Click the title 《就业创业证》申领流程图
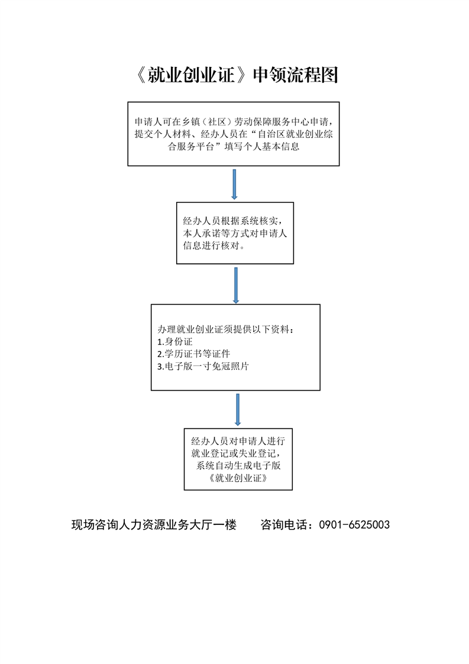click(x=237, y=75)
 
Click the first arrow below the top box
click(x=234, y=184)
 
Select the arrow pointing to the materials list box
click(x=236, y=285)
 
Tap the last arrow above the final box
click(x=238, y=410)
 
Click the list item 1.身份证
click(x=175, y=341)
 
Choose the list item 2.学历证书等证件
click(x=193, y=354)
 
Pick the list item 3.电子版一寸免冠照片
click(x=203, y=366)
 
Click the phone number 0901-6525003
click(x=354, y=525)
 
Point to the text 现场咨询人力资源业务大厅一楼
click(x=154, y=525)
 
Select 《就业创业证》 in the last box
click(x=238, y=478)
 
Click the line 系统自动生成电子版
click(x=238, y=466)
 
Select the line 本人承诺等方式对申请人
click(x=235, y=233)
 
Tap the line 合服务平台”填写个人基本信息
click(x=234, y=147)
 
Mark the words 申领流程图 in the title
click(x=296, y=75)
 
